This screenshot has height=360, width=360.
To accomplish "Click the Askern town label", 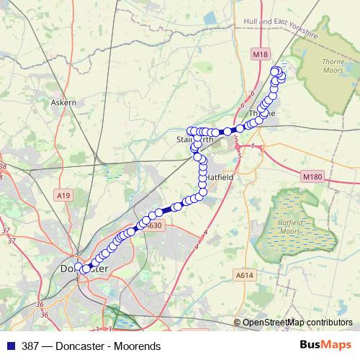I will point(63,103).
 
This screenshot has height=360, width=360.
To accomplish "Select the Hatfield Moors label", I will point(292,228).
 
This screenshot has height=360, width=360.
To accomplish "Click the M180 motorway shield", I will point(311,176).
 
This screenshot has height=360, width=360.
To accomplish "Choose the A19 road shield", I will point(63,195).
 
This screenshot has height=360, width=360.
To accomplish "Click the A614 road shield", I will point(246,274).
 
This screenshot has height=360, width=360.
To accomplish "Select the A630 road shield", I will point(153,225).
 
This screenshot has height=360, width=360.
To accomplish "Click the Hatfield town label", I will point(217,176).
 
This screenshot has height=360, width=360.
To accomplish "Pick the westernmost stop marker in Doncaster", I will point(78,266).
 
